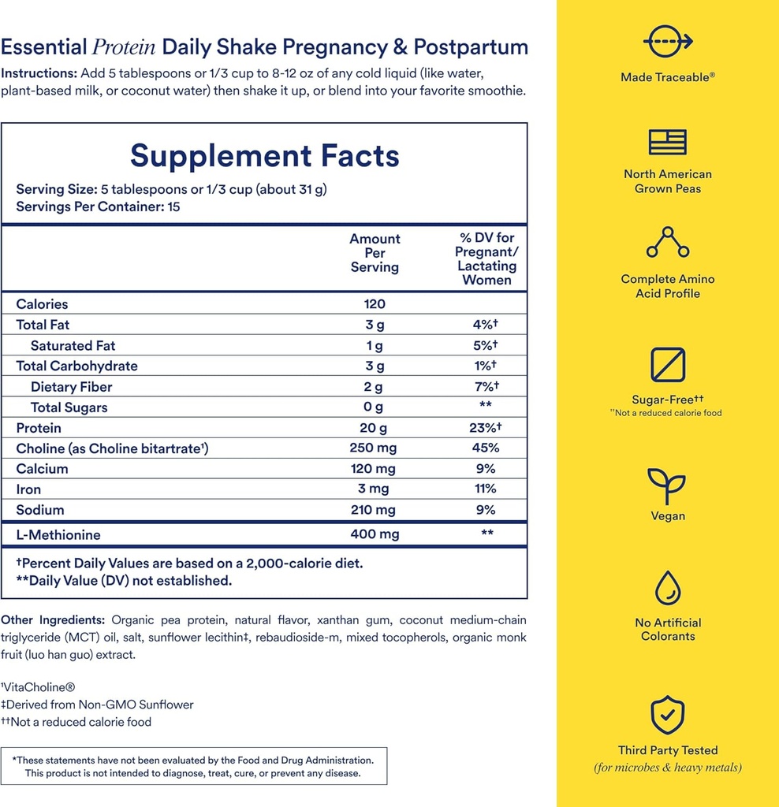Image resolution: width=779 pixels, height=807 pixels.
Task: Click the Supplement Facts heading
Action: (264, 155)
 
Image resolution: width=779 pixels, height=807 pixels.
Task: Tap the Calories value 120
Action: (375, 304)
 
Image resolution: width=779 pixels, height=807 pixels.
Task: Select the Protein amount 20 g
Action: (375, 428)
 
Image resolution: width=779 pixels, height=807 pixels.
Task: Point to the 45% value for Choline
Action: (486, 448)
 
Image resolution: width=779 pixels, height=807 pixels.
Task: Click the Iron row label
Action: (28, 489)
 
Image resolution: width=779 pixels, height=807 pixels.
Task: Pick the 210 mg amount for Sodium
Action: (375, 510)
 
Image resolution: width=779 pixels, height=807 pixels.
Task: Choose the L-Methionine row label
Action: (58, 535)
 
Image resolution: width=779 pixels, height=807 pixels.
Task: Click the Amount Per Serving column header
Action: (375, 253)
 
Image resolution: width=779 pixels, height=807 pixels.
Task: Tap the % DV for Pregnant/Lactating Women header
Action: (486, 259)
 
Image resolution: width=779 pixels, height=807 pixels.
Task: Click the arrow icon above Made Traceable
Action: (667, 40)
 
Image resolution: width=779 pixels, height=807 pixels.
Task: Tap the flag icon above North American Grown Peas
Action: (667, 142)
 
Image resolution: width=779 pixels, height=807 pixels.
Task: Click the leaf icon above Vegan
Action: (667, 485)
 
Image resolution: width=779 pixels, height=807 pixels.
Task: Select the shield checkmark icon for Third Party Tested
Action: (667, 714)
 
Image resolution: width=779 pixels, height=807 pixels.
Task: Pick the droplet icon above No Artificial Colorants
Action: (667, 589)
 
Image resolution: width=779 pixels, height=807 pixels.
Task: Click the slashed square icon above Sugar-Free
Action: (667, 365)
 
